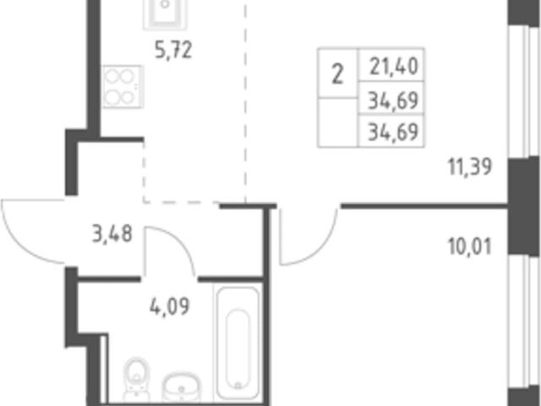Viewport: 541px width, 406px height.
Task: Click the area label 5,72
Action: pos(173,51)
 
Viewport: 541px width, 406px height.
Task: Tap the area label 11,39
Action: pos(470,167)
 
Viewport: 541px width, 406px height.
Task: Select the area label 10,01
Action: pos(470,246)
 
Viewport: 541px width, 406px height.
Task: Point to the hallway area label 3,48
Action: pos(112,233)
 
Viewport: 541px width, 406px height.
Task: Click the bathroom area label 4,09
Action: pos(170,306)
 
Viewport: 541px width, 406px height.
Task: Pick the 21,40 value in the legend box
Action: pos(394,67)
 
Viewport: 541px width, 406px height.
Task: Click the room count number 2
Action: pos(337,75)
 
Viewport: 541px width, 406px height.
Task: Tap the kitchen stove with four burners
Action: pos(122,86)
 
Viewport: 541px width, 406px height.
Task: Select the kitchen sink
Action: pos(166,14)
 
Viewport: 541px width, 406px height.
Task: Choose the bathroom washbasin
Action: pos(182,387)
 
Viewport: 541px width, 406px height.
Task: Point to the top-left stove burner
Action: pos(112,76)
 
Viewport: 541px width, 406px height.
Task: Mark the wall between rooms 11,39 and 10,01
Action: pos(424,206)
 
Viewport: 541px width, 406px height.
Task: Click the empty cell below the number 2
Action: pos(337,122)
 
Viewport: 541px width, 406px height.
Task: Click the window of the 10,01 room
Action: pos(524,321)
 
